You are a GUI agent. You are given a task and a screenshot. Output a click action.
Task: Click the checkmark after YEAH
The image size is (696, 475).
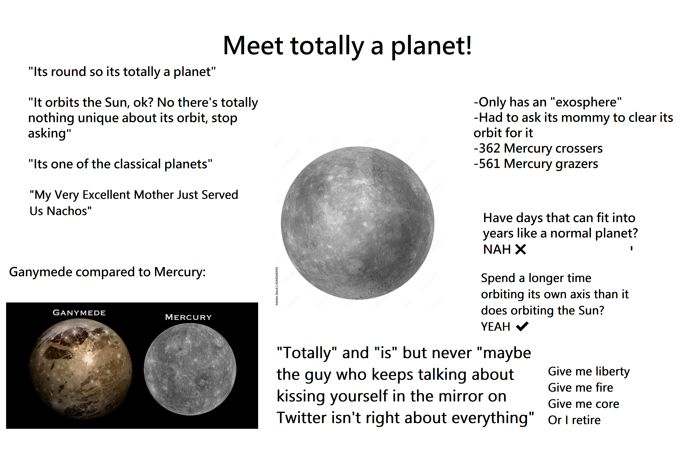522,326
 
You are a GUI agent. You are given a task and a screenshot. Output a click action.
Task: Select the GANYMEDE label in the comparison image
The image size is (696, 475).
79,313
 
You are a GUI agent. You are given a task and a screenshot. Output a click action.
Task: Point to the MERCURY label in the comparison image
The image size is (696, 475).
188,317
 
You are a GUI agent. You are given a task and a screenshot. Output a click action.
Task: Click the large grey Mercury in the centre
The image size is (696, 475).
358,223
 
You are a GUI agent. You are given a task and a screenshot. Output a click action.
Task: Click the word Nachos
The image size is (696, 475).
69,211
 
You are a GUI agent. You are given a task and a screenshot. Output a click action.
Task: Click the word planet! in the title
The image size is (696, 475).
431,46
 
